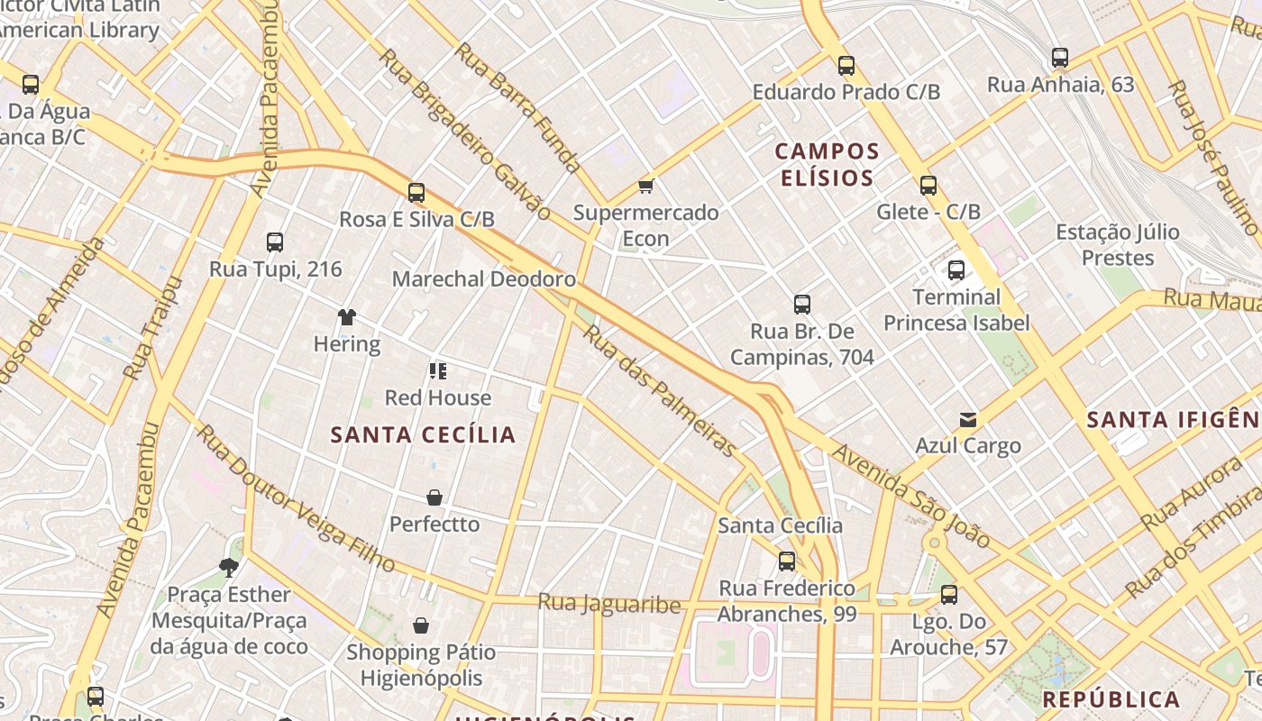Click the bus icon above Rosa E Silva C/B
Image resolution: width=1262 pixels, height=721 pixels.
[416, 192]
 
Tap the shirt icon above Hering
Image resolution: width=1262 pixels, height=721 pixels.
[347, 316]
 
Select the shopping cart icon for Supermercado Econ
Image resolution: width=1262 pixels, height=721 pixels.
[645, 186]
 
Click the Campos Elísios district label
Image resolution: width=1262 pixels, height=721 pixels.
[827, 164]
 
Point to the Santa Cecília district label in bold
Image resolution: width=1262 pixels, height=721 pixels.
[423, 435]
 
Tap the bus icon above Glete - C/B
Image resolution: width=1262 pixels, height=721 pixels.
[928, 186]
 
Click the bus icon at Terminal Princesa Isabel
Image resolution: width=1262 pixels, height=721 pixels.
[956, 269]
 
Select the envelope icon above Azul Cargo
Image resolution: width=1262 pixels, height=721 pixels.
[968, 419]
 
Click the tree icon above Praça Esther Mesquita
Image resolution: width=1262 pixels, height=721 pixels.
[229, 567]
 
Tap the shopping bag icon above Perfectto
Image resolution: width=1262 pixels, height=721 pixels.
[434, 497]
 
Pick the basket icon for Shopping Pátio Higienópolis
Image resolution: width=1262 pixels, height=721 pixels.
[421, 625]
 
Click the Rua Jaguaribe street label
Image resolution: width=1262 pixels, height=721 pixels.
[609, 603]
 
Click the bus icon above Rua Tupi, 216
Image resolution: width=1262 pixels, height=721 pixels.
[275, 242]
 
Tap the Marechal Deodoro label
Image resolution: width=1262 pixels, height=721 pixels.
[483, 279]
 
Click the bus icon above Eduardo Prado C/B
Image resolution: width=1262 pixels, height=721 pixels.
[846, 65]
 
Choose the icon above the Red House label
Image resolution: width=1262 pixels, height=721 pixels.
[438, 371]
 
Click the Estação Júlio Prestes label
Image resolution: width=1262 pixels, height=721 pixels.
[1118, 245]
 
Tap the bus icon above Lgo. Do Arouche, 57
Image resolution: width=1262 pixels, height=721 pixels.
[948, 595]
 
